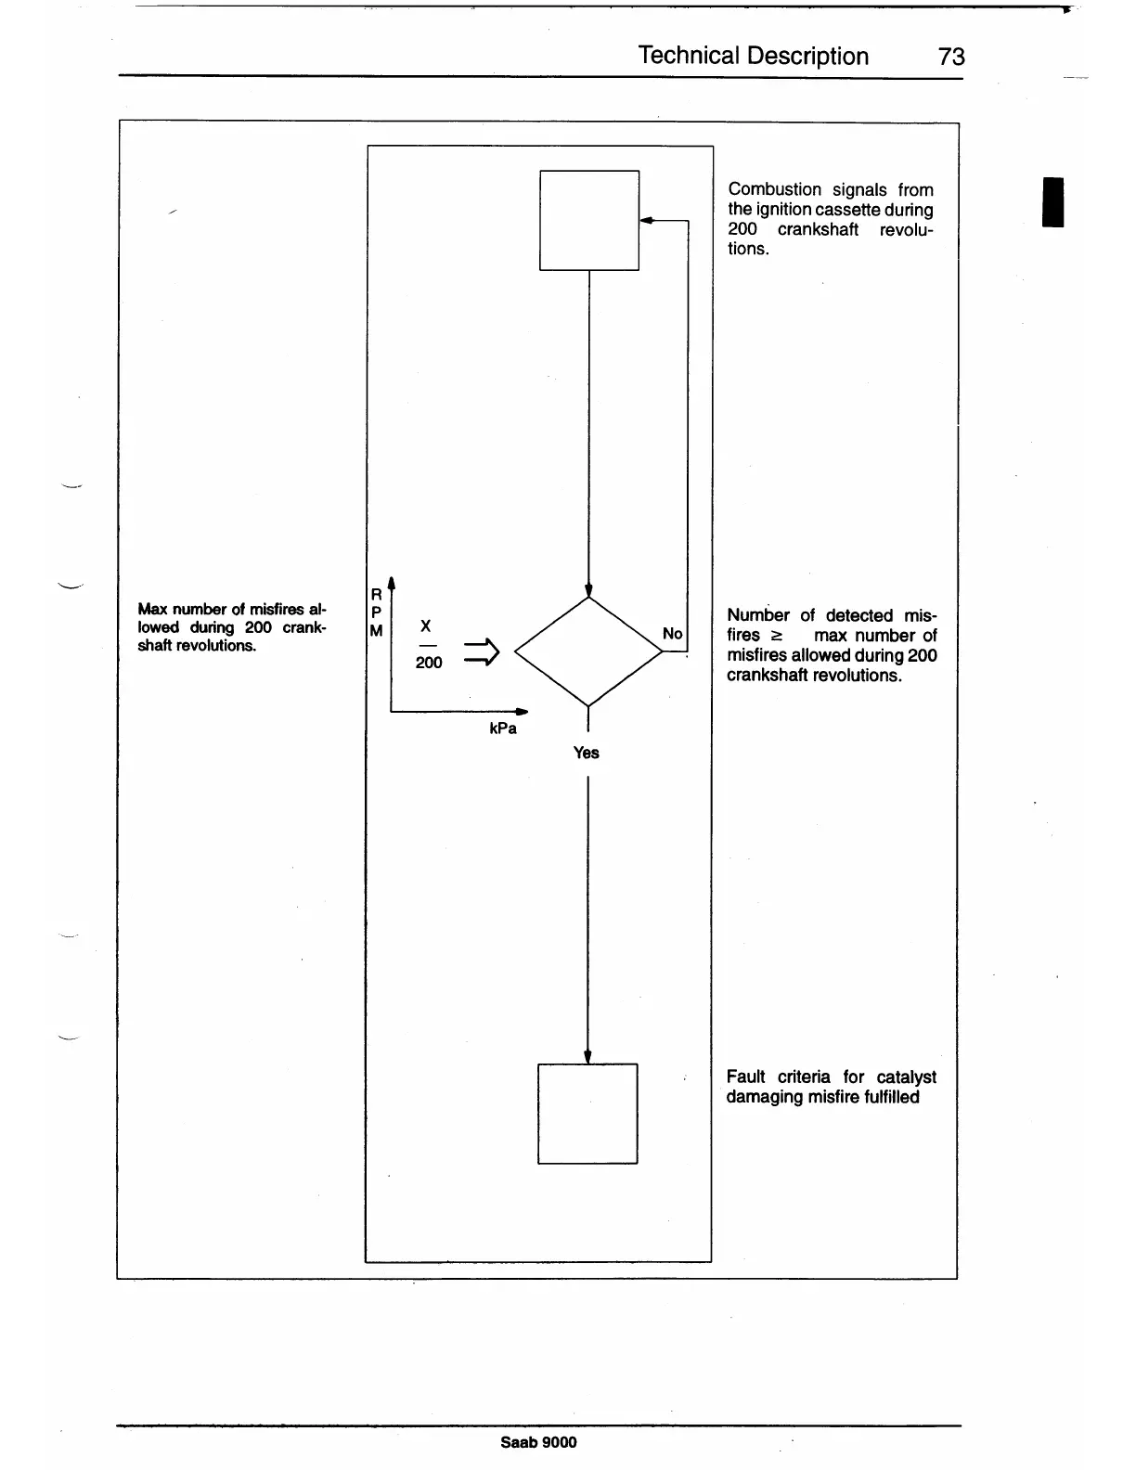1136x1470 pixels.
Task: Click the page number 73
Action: [951, 57]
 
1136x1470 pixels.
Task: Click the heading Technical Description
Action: [753, 56]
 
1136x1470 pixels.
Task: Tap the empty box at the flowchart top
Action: [589, 220]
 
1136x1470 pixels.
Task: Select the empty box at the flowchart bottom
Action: [587, 1113]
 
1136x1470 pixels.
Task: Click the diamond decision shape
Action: [588, 651]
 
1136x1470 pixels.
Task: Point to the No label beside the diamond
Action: [672, 634]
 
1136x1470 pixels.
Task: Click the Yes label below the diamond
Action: [586, 753]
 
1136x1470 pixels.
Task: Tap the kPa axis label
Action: [502, 729]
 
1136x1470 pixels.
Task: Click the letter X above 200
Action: [425, 626]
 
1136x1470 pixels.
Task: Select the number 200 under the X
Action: [428, 663]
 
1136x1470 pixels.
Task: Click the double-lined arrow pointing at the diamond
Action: [481, 652]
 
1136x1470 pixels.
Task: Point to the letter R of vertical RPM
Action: [376, 594]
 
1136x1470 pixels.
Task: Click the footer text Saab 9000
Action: [538, 1441]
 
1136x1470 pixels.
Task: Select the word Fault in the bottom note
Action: [745, 1077]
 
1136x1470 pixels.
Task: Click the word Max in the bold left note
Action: [152, 609]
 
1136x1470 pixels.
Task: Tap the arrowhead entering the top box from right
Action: [647, 221]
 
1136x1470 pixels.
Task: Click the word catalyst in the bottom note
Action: [906, 1077]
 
